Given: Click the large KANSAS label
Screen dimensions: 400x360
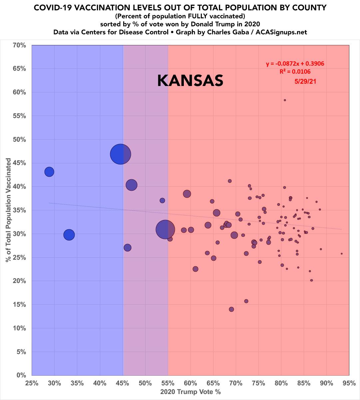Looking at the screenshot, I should pyautogui.click(x=190, y=81).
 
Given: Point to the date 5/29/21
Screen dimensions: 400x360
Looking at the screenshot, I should pyautogui.click(x=305, y=81).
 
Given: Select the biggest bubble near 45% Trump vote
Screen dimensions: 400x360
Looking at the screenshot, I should pyautogui.click(x=121, y=154).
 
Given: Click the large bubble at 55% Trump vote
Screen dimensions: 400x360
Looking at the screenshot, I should pyautogui.click(x=165, y=229).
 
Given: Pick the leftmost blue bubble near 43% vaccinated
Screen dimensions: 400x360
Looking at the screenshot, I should pyautogui.click(x=49, y=172).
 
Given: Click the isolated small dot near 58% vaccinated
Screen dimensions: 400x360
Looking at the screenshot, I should pyautogui.click(x=285, y=100).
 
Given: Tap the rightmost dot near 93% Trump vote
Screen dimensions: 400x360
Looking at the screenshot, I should pyautogui.click(x=341, y=254).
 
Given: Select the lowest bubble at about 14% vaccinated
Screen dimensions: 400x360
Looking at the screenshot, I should pyautogui.click(x=231, y=309).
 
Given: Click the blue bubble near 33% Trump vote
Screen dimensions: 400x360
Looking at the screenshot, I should pyautogui.click(x=69, y=235).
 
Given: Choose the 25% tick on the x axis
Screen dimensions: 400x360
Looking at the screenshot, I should pyautogui.click(x=32, y=383).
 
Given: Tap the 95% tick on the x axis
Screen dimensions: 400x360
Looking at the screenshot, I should pyautogui.click(x=349, y=383).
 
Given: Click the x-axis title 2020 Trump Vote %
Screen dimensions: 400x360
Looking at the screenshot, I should pyautogui.click(x=190, y=392).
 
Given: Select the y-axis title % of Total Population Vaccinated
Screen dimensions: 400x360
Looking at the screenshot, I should pyautogui.click(x=8, y=210).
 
